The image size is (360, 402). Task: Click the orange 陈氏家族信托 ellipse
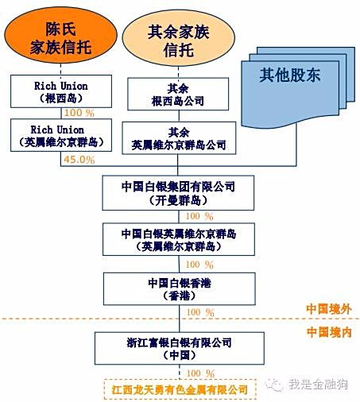click(x=60, y=36)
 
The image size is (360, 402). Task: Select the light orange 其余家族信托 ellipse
click(x=178, y=38)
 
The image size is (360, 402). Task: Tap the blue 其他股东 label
click(x=290, y=75)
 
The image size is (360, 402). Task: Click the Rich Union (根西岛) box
click(x=61, y=91)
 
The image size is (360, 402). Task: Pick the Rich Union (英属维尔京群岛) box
click(x=61, y=135)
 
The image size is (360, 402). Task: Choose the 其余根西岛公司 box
click(x=178, y=94)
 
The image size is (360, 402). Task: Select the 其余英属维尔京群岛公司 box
click(x=179, y=138)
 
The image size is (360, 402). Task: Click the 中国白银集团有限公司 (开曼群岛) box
click(x=178, y=193)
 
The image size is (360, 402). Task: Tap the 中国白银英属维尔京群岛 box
click(x=179, y=239)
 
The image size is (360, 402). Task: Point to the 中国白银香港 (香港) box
click(x=180, y=289)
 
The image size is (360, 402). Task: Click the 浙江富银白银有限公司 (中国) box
click(x=180, y=348)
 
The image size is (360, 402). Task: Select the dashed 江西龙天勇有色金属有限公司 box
click(x=180, y=389)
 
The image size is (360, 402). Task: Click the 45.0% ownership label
click(x=79, y=160)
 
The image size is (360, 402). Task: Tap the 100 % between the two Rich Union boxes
click(x=79, y=113)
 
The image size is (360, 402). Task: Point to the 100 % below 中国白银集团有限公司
click(x=199, y=216)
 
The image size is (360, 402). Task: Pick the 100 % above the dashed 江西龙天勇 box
click(x=200, y=373)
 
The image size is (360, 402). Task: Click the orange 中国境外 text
click(x=329, y=309)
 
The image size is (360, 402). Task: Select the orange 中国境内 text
click(x=329, y=332)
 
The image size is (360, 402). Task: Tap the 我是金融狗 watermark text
click(x=318, y=385)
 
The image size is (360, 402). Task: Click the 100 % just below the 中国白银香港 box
click(x=200, y=312)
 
